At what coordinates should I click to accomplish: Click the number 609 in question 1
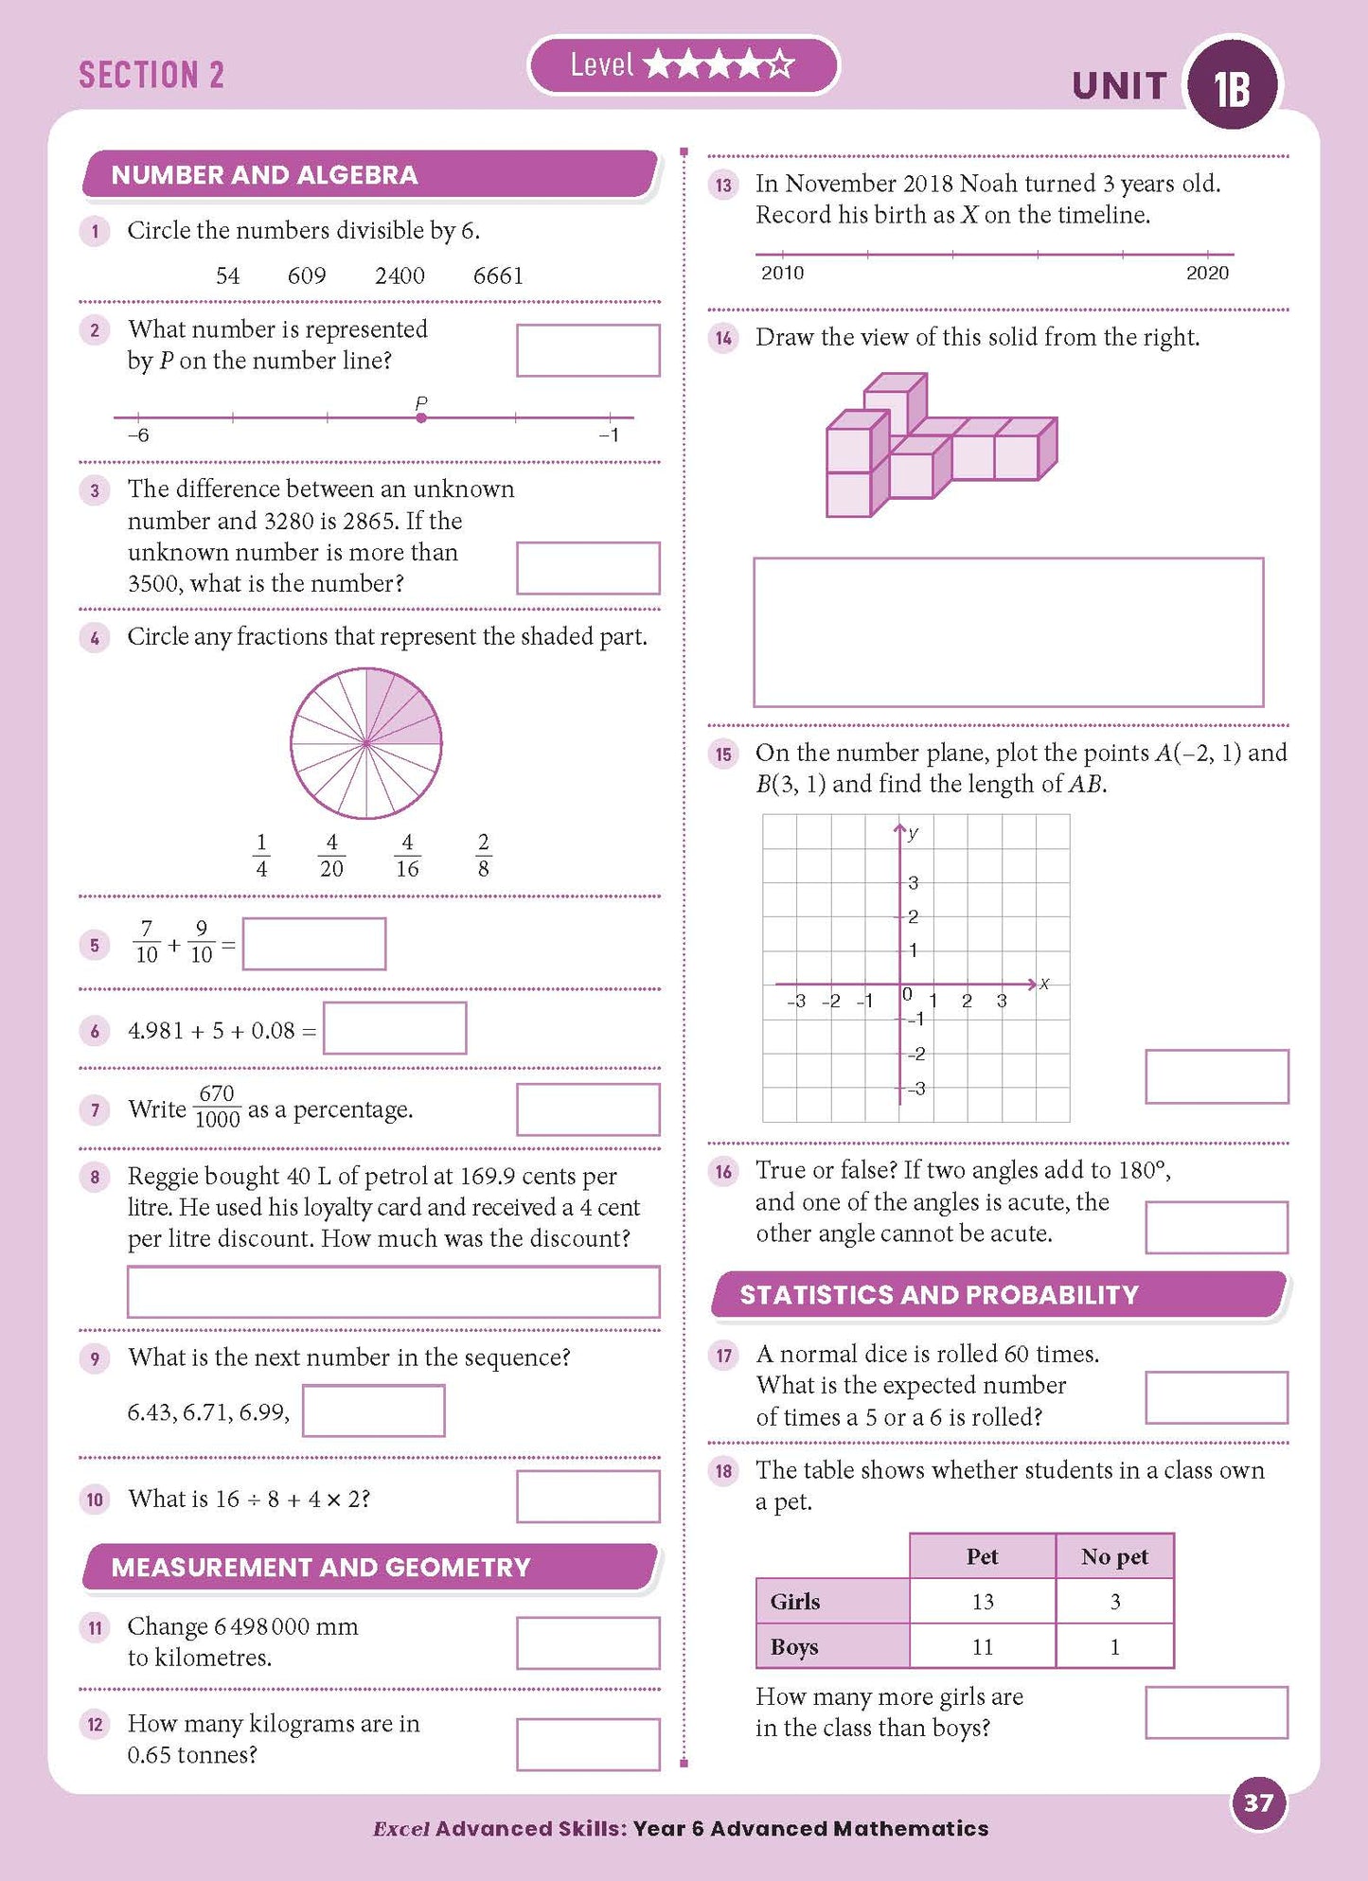pos(307,275)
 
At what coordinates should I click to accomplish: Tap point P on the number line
pos(421,417)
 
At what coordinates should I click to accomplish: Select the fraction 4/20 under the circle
pos(331,855)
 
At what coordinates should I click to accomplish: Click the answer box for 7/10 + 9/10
pos(314,944)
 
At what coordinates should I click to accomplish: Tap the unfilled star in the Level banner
pos(780,65)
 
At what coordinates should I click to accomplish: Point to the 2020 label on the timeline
pos(1207,273)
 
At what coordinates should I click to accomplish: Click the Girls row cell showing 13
pos(983,1601)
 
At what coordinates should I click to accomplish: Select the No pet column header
pos(1114,1556)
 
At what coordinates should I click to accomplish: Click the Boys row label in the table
pos(795,1646)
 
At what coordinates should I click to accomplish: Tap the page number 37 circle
pos(1257,1803)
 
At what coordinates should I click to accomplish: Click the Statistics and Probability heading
pos(939,1294)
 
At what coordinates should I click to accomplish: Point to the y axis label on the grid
pos(913,834)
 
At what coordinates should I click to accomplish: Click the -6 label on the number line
pos(138,435)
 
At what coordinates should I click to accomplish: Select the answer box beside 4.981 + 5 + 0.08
pos(395,1028)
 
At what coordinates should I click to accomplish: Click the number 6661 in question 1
pos(498,275)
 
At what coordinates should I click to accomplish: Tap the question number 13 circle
pos(724,185)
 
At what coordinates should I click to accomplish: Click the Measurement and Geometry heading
pos(322,1567)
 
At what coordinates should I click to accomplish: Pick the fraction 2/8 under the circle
pos(483,855)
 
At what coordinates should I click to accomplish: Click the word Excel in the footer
pos(401,1828)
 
